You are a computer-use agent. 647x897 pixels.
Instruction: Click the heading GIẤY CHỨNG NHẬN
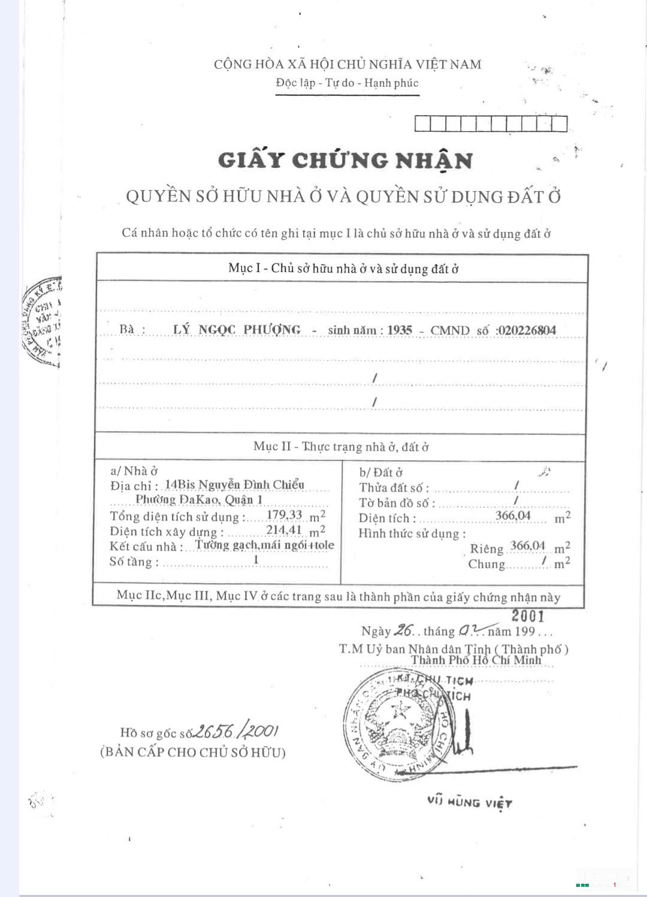pyautogui.click(x=346, y=161)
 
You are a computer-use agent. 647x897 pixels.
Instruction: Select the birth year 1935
pyautogui.click(x=400, y=330)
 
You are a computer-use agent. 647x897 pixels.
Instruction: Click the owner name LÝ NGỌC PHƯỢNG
pyautogui.click(x=237, y=330)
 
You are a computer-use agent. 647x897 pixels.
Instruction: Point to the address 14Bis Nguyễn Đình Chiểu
pyautogui.click(x=234, y=485)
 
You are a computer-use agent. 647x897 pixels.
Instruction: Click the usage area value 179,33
pyautogui.click(x=285, y=515)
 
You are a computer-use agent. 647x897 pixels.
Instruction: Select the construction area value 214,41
pyautogui.click(x=284, y=530)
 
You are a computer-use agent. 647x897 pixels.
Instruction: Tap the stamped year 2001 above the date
pyautogui.click(x=528, y=616)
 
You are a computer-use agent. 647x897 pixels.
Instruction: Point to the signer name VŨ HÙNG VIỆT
pyautogui.click(x=470, y=802)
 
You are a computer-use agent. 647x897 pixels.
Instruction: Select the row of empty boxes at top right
pyautogui.click(x=491, y=123)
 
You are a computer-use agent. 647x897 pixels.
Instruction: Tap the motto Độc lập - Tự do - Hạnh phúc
pyautogui.click(x=347, y=83)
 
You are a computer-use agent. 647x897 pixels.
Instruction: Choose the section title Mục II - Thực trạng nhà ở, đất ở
pyautogui.click(x=341, y=446)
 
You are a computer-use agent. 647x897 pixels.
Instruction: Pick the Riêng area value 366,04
pyautogui.click(x=528, y=546)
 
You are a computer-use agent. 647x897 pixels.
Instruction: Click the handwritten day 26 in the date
pyautogui.click(x=404, y=630)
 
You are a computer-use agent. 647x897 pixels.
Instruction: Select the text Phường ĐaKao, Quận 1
pyautogui.click(x=199, y=500)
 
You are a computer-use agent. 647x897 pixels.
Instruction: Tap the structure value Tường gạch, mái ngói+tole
pyautogui.click(x=264, y=545)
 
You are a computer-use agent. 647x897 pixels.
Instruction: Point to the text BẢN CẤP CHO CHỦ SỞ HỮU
pyautogui.click(x=192, y=752)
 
